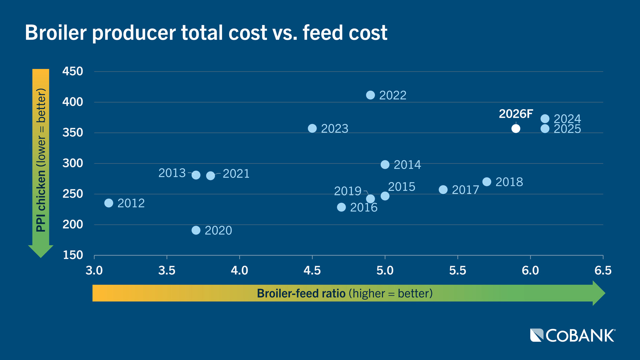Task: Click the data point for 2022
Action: click(370, 95)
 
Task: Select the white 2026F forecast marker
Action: click(516, 129)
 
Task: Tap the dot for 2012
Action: click(109, 203)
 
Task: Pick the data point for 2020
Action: click(196, 230)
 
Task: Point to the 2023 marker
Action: click(312, 129)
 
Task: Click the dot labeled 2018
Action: click(487, 182)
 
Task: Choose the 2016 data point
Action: click(341, 207)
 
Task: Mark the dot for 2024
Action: click(545, 119)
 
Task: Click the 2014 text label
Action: click(407, 165)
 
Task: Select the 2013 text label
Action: click(172, 173)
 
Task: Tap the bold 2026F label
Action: click(516, 114)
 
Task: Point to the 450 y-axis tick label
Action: click(73, 71)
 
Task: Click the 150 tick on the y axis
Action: click(73, 255)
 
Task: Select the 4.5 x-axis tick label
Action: click(312, 270)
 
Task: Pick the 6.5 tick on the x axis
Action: click(603, 270)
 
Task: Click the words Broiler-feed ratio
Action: click(301, 293)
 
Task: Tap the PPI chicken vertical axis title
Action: click(41, 160)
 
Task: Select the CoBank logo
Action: click(573, 335)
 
